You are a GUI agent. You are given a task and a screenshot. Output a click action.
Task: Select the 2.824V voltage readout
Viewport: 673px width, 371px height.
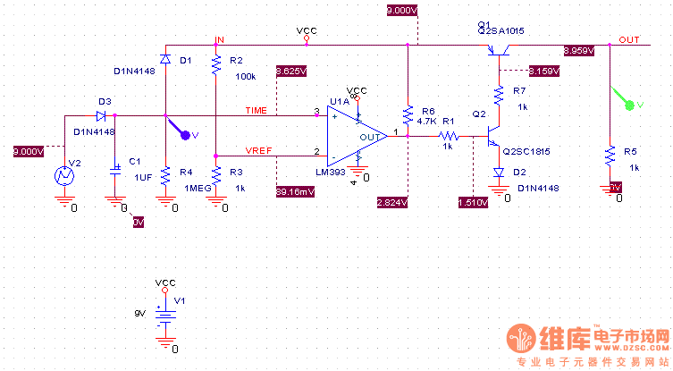391,202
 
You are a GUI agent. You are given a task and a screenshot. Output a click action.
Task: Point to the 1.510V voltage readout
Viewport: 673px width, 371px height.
472,202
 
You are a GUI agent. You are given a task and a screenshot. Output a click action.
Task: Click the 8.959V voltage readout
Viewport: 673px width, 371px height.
578,51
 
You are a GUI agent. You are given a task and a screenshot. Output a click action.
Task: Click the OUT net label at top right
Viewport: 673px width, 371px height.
629,40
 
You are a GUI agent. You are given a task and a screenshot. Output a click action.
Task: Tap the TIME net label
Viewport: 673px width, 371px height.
257,110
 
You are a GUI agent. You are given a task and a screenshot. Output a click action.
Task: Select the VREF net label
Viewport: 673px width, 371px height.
259,149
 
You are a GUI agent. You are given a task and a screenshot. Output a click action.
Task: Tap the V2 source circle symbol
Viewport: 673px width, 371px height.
64,175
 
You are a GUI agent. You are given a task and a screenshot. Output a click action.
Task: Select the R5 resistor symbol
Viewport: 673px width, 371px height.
610,155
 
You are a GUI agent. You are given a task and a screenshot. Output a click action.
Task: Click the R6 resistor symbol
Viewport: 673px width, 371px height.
408,115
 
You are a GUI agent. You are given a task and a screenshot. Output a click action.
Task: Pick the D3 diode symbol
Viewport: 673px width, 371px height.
102,115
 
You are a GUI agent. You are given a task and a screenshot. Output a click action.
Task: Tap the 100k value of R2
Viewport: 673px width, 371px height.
246,76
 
